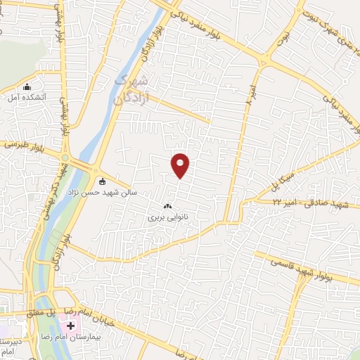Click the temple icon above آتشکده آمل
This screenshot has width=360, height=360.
27,87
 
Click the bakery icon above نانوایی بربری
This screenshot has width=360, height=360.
167,207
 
